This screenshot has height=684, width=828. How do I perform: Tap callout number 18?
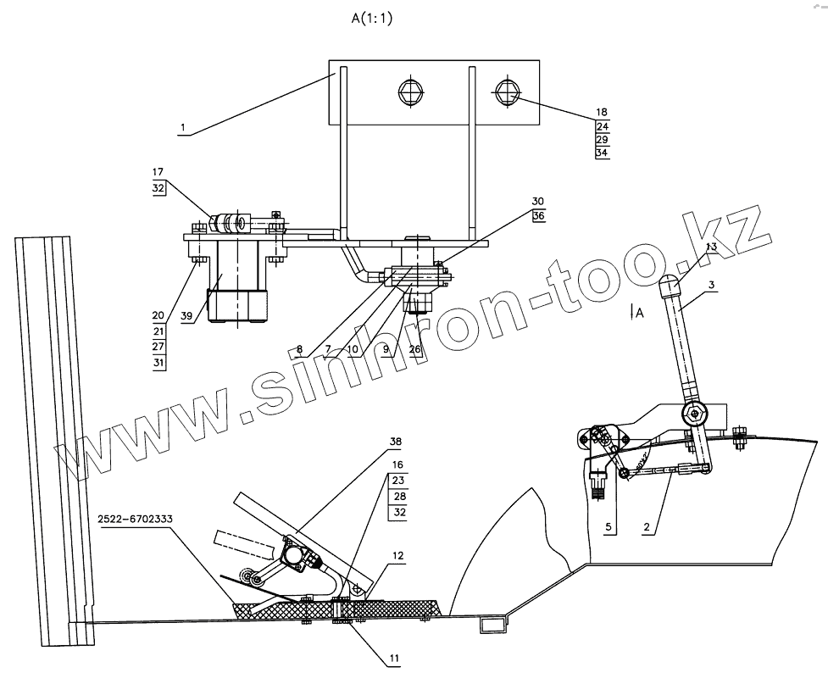click(602, 112)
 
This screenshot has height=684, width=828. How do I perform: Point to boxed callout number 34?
click(602, 153)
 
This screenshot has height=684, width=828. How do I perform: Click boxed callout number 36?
click(538, 217)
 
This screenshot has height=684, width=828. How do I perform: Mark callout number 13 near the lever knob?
click(711, 246)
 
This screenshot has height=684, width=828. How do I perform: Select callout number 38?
click(394, 442)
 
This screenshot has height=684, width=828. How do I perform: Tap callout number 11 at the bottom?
click(395, 657)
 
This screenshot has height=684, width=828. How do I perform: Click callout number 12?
click(397, 556)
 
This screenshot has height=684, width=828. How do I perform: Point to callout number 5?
click(608, 528)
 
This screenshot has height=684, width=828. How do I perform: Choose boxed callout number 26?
click(414, 349)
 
